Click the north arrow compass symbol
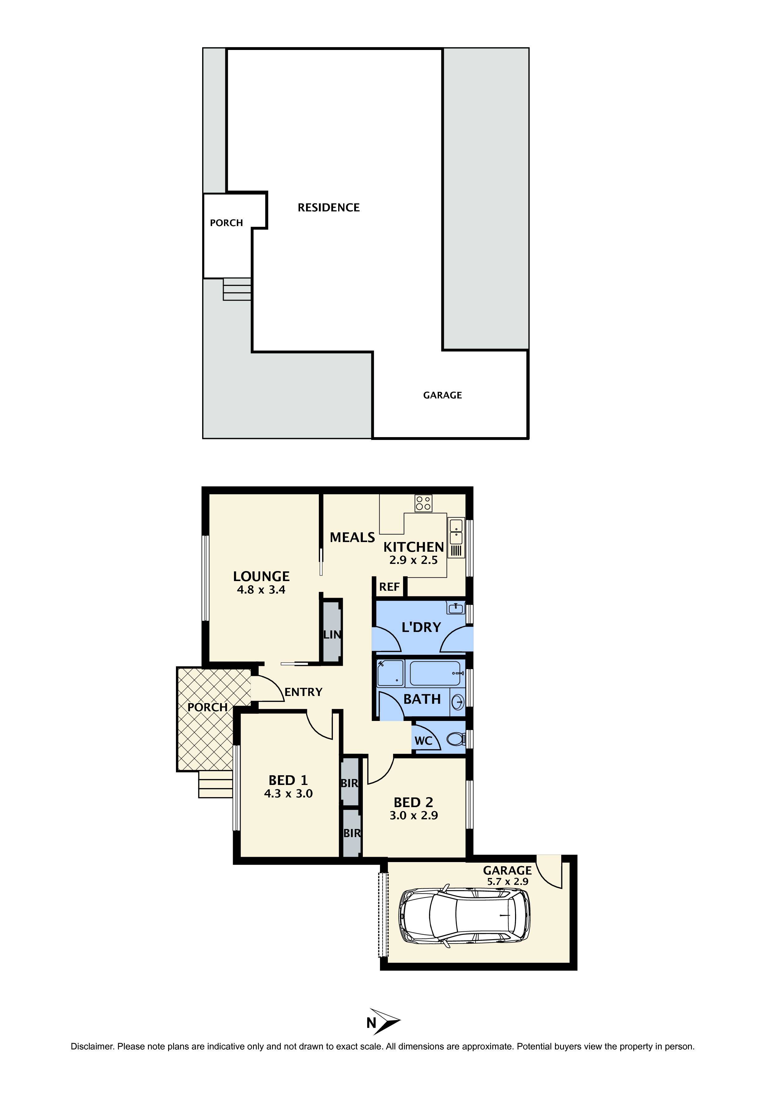click(386, 1022)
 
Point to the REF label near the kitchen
click(389, 587)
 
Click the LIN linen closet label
click(332, 635)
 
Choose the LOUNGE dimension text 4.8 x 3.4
click(261, 590)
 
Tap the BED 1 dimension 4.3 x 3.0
click(288, 794)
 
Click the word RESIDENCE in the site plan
click(329, 207)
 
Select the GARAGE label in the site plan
click(442, 395)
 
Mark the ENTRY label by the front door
click(304, 692)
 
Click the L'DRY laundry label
click(421, 627)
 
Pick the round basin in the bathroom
click(458, 702)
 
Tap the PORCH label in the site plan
click(226, 223)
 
